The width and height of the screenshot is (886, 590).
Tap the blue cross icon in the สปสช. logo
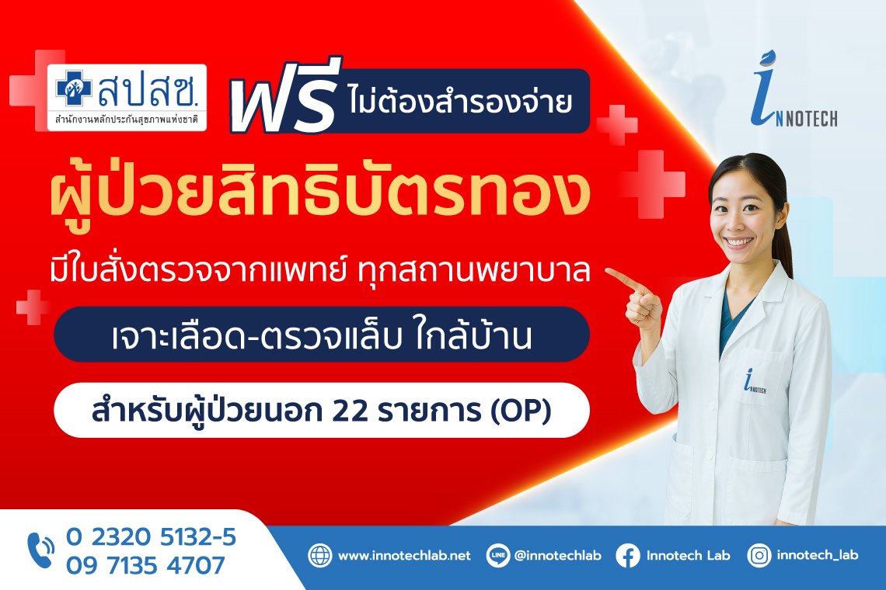click(74, 88)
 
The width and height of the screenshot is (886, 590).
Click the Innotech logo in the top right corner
click(794, 89)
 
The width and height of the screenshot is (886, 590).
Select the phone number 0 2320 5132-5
click(151, 537)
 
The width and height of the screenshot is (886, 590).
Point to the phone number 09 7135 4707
click(146, 565)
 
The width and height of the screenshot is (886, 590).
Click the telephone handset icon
click(40, 550)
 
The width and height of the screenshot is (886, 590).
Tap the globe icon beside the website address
click(320, 556)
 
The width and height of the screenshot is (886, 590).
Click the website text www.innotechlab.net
click(404, 556)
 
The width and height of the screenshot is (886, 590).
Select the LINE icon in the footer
click(498, 556)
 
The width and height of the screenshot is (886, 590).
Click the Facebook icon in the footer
click(628, 556)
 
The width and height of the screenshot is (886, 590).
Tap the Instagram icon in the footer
click(759, 556)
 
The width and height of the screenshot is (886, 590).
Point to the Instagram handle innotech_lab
click(817, 556)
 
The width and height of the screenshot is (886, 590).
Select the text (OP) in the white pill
click(521, 411)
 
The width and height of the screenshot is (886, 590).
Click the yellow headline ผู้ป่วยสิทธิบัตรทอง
click(320, 196)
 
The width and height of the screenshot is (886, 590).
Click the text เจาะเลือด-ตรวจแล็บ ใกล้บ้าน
click(322, 335)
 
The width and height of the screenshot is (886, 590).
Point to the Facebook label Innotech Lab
click(689, 556)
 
